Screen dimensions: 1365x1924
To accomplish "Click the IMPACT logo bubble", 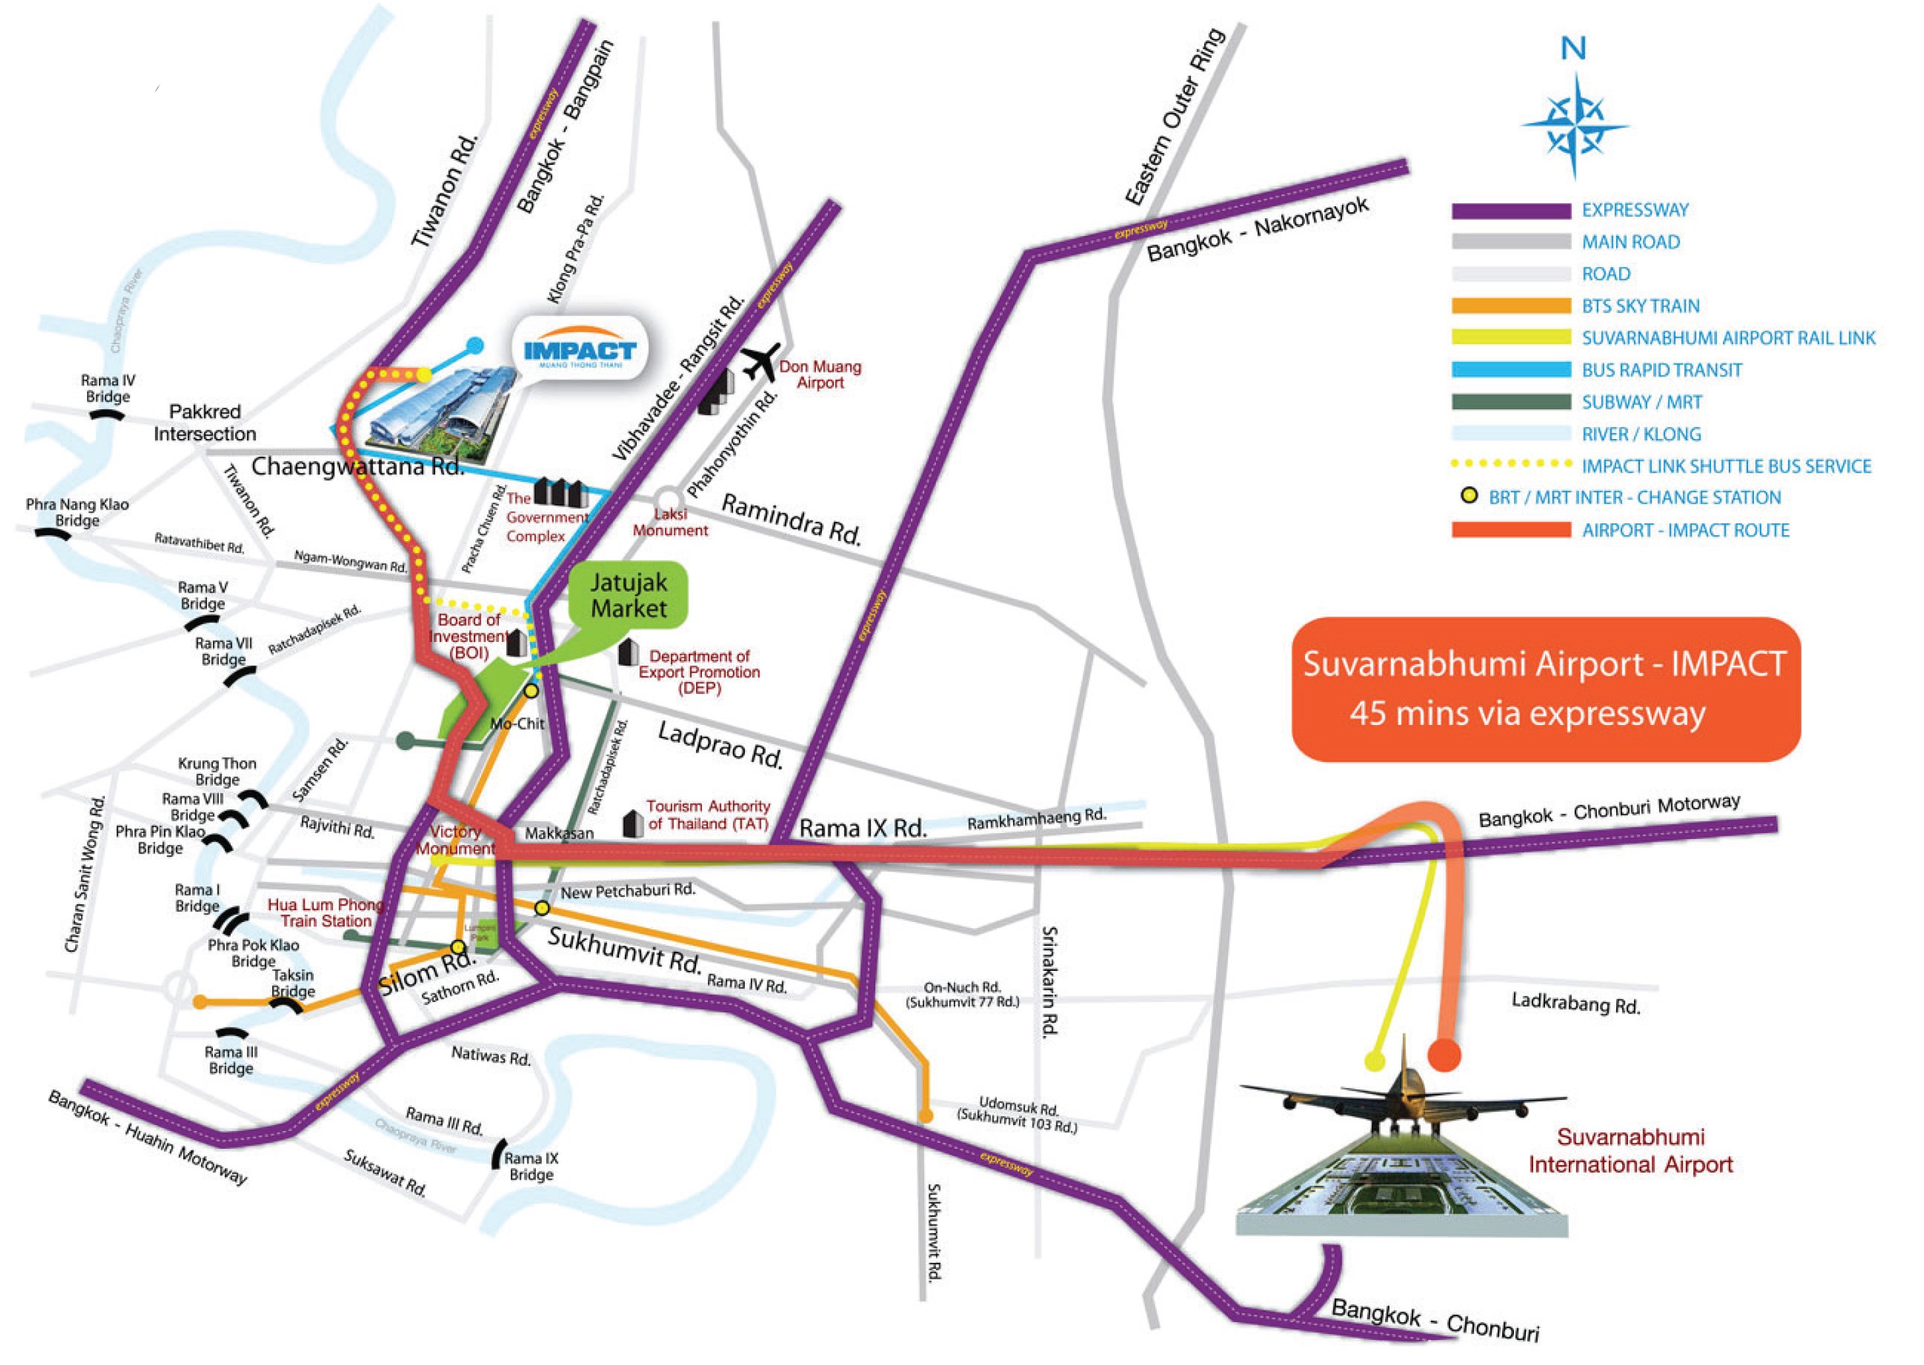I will [x=580, y=349].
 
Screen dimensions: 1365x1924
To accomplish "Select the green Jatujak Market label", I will [x=629, y=595].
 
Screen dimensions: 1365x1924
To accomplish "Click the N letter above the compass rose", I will [x=1573, y=49].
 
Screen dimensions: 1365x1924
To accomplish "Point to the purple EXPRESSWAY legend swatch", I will [x=1511, y=211].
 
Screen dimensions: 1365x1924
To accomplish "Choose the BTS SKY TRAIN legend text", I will [x=1640, y=306].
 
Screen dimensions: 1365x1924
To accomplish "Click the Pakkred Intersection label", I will [x=205, y=422].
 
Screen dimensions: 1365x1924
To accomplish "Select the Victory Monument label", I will [x=455, y=840].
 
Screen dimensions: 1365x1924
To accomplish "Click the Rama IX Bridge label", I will [x=531, y=1166].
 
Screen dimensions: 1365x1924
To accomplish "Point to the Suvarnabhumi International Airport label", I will [x=1630, y=1151].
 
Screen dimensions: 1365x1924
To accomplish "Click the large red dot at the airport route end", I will [x=1444, y=1055].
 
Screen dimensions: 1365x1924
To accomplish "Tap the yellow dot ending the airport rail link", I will [x=1375, y=1060].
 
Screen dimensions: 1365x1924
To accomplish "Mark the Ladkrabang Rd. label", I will [x=1576, y=1002].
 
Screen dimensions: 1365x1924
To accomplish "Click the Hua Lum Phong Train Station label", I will [x=326, y=913].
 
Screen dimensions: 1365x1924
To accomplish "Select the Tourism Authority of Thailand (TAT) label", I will [x=708, y=815].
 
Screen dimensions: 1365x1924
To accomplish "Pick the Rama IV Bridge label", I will [x=107, y=388].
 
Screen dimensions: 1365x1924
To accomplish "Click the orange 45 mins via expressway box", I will [x=1545, y=689].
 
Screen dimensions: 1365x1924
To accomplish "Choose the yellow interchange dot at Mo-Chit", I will [x=531, y=691].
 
